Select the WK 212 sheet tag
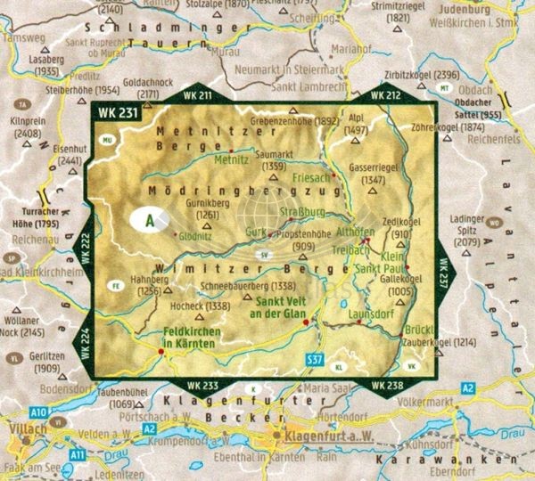click(x=385, y=94)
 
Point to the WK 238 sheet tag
click(x=385, y=385)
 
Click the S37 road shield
click(x=314, y=358)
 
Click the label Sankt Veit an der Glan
click(x=280, y=307)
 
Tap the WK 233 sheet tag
click(x=202, y=385)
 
